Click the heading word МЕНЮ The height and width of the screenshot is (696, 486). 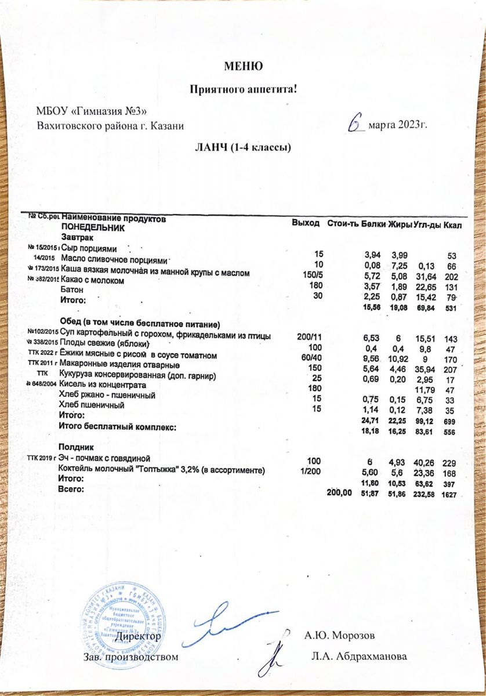(243, 66)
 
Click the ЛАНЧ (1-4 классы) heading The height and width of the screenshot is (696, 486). (242, 147)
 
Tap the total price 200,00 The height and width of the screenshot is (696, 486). (339, 492)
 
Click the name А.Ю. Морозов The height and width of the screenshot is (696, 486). (340, 635)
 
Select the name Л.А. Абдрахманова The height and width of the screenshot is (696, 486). (359, 657)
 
